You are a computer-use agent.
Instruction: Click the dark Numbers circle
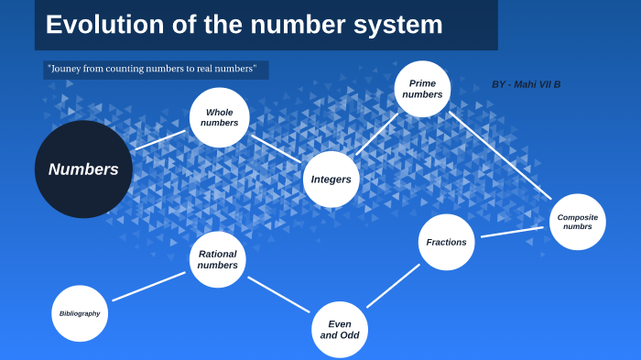coord(83,169)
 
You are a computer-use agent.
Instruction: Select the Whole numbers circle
coord(220,117)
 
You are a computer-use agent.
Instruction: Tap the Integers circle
coord(331,180)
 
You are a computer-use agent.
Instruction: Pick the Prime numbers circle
coord(422,89)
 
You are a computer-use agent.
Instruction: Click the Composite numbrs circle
coord(578,222)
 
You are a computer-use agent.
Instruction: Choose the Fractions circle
coord(447,242)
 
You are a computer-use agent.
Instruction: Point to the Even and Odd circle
coord(340,330)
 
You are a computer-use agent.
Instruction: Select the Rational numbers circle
coord(217,259)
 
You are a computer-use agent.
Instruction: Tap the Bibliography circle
coord(80,313)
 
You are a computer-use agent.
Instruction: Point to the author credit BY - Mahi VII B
coord(526,84)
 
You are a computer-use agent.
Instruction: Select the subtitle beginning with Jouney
coord(151,69)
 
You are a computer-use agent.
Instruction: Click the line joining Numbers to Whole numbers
coord(160,139)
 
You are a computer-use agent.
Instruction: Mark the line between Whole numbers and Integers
coord(276,148)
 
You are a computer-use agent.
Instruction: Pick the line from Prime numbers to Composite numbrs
coord(500,155)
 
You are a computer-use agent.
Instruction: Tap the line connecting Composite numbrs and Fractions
coord(513,232)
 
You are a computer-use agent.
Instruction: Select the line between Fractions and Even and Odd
coord(393,286)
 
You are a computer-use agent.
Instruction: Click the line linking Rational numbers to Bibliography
coord(148,287)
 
